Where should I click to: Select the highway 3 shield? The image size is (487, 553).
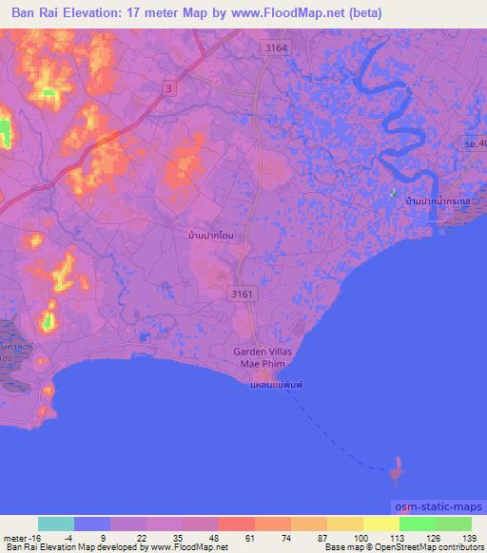tap(168, 88)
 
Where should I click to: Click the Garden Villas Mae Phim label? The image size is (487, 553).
tap(263, 358)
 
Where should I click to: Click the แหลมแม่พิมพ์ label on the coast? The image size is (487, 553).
tap(268, 388)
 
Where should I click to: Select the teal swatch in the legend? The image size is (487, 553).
tap(56, 524)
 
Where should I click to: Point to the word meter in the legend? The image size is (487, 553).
tap(13, 536)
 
